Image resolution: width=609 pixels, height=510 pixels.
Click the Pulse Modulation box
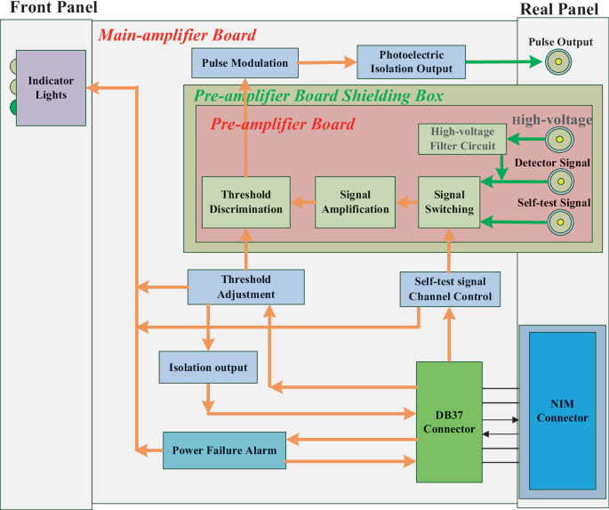245,63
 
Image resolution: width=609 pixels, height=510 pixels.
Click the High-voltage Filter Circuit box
462,139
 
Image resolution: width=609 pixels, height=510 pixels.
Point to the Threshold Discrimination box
245,202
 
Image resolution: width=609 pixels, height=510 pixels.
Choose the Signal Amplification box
353,202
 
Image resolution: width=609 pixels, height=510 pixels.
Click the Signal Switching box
449,202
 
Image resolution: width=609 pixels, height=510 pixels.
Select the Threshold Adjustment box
245,287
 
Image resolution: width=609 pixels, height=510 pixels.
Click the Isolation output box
207,367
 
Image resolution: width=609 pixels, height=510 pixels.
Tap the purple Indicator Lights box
51,88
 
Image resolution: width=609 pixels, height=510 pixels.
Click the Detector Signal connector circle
559,182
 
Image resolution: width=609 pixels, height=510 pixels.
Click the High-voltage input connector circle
559,139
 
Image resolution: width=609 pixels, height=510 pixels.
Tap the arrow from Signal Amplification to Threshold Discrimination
302,203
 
